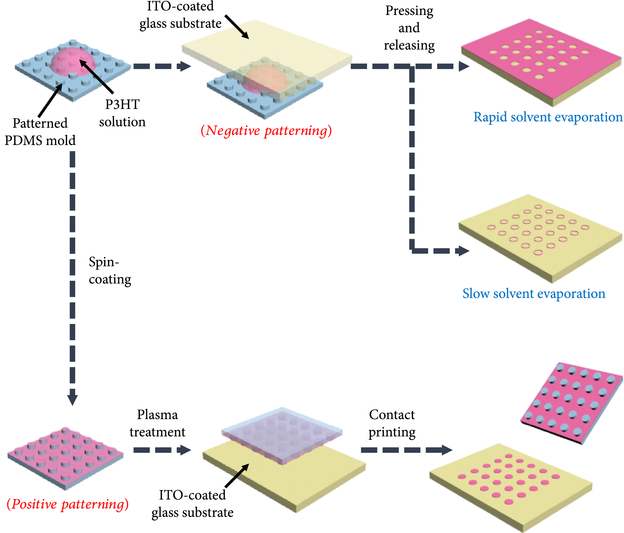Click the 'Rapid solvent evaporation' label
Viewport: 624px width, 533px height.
click(x=548, y=117)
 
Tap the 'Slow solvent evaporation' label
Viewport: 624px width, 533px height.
click(x=534, y=293)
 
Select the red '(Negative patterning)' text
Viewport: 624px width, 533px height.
click(x=266, y=130)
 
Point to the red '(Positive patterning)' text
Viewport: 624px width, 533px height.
click(x=67, y=504)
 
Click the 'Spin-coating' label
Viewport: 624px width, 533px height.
click(x=110, y=270)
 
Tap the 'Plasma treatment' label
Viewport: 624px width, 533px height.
click(x=157, y=423)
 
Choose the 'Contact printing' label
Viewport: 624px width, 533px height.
click(x=392, y=423)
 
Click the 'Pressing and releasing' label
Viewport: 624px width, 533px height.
click(x=409, y=28)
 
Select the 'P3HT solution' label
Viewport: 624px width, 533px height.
click(x=122, y=113)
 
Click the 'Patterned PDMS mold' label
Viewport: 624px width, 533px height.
click(x=40, y=132)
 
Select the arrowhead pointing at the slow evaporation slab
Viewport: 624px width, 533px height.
click(x=464, y=251)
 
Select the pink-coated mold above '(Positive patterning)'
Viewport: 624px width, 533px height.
click(x=65, y=456)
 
